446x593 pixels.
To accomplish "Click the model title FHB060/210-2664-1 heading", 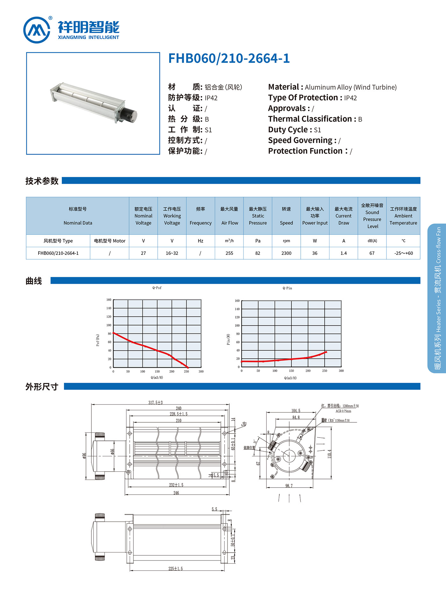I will [229, 58].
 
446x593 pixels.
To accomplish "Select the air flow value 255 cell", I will [229, 253].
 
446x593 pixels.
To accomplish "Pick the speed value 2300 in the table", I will [286, 253].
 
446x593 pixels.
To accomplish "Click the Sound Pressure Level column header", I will [372, 216].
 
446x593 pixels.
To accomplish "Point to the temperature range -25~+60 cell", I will [403, 253].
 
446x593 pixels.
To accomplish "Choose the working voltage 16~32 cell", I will [172, 253].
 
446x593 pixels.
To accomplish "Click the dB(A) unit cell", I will [372, 241].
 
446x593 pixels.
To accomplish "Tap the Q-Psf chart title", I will [157, 288].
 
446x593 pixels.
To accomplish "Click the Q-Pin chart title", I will [287, 288].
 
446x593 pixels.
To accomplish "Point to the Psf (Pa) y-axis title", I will [98, 340].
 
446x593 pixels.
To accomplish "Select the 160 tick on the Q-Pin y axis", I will [237, 301].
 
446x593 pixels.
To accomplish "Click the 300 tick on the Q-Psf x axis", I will [201, 371].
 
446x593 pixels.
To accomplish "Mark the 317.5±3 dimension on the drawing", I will [155, 403].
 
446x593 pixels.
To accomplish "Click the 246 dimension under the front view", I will [176, 493].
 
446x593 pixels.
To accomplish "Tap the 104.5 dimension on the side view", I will [296, 411].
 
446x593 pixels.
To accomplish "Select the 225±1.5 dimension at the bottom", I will [176, 568].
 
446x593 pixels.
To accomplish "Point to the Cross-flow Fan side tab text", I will [438, 245].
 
